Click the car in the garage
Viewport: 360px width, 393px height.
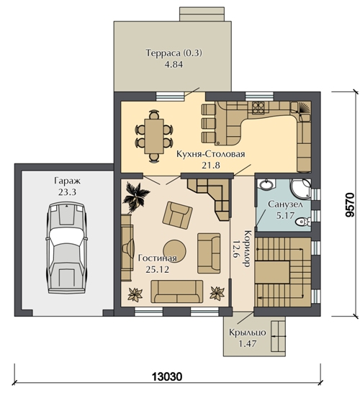click(66, 248)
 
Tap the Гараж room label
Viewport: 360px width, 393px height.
click(67, 181)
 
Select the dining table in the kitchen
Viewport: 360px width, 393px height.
click(154, 136)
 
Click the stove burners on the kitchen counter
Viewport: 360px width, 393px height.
click(258, 107)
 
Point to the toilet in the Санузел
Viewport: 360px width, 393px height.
click(303, 222)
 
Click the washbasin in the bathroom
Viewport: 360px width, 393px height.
click(266, 185)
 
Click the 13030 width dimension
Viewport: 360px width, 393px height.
click(167, 376)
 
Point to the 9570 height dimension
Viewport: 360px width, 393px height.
click(350, 204)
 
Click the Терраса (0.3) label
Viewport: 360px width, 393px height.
click(174, 53)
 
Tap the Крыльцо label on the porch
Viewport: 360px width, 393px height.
click(248, 333)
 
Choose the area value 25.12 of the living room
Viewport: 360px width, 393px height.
click(158, 269)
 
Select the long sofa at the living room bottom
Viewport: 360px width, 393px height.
click(176, 292)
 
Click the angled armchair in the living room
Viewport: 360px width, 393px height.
click(178, 215)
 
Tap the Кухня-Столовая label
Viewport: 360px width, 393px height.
click(210, 154)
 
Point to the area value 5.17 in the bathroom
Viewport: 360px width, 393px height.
click(285, 215)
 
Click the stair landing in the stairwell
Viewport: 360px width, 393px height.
click(272, 272)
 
